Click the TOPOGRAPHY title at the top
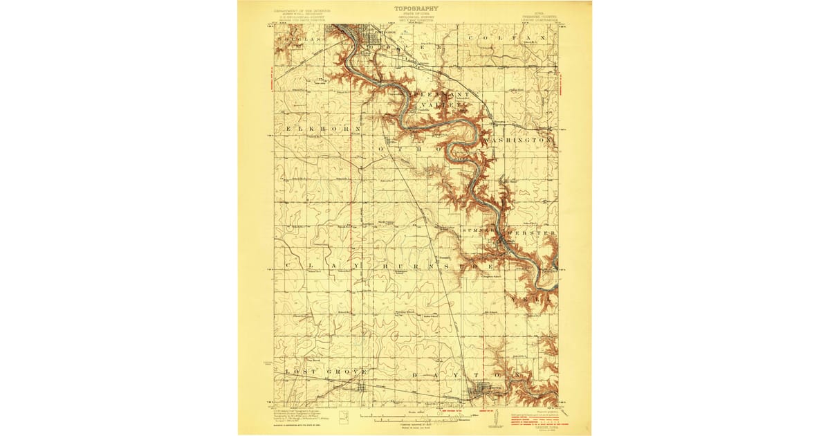pyautogui.click(x=416, y=8)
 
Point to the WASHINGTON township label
pyautogui.click(x=519, y=140)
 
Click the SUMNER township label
pyautogui.click(x=478, y=230)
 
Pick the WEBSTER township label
pyautogui.click(x=531, y=234)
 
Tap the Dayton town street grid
pyautogui.click(x=479, y=392)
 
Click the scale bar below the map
pyautogui.click(x=415, y=419)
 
